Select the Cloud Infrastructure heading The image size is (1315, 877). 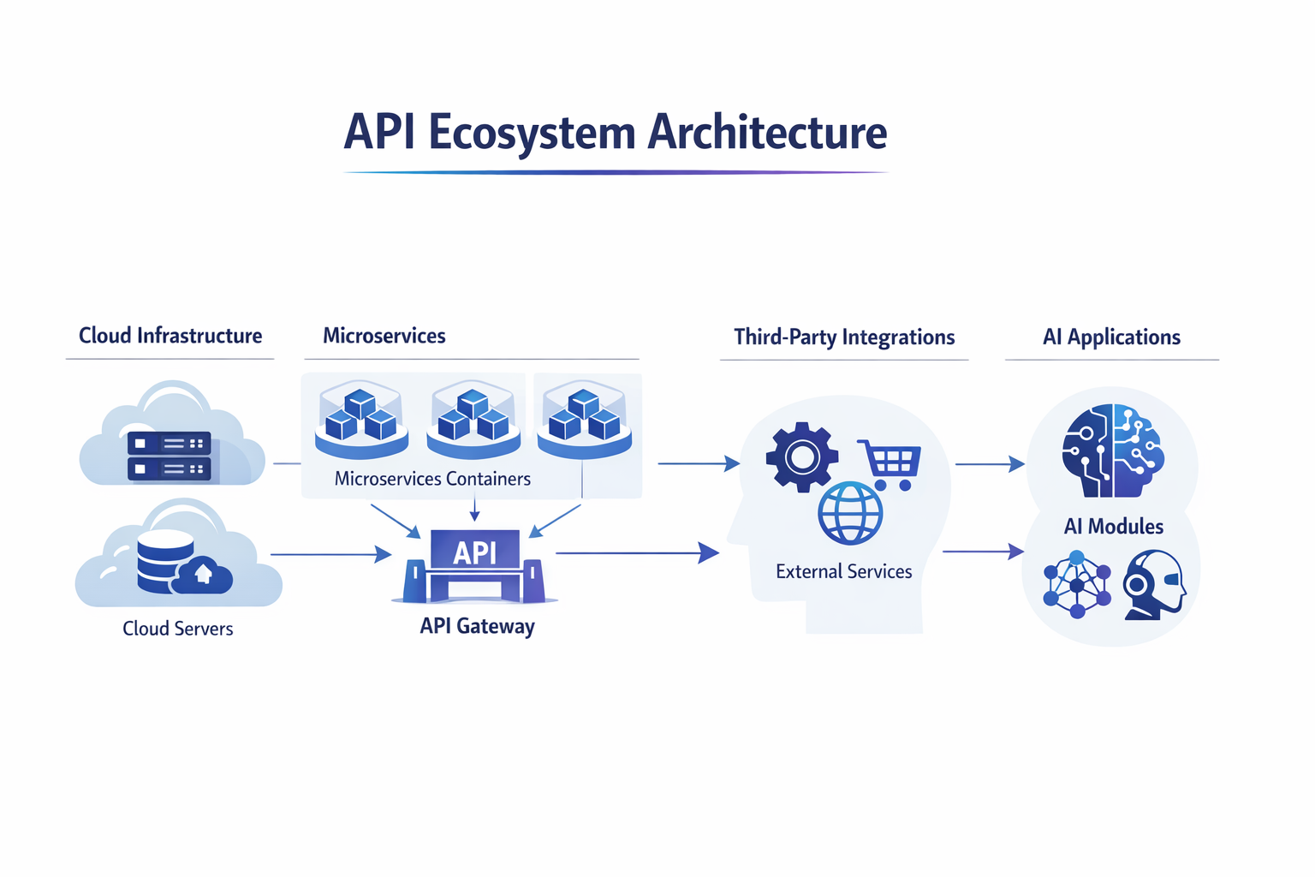point(170,336)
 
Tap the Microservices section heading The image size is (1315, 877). point(384,336)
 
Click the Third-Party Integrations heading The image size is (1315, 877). point(844,337)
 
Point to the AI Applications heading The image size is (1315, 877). point(1111,337)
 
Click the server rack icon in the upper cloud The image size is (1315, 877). point(169,456)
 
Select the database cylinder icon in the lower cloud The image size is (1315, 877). point(165,561)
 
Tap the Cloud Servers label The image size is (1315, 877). point(177,629)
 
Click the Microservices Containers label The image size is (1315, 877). point(432,479)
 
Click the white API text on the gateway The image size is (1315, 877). point(474,552)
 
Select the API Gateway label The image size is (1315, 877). point(477,626)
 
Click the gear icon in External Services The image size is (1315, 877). point(802,457)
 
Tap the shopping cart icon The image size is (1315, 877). point(891,463)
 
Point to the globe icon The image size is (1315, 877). point(850,514)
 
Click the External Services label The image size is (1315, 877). point(843,571)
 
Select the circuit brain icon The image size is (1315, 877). point(1112,450)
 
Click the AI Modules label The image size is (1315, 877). point(1113,526)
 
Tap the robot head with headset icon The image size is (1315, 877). point(1154,585)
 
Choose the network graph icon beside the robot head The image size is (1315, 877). point(1077,585)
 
